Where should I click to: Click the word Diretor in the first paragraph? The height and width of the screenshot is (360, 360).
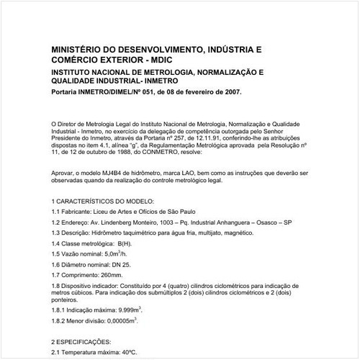pyautogui.click(x=73, y=124)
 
